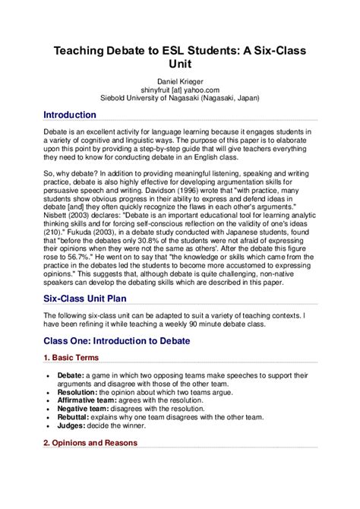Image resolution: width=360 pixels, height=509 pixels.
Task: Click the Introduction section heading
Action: [70, 115]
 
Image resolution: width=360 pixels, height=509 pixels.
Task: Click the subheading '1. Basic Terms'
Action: [71, 357]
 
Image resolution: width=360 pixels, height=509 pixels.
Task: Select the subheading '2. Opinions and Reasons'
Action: [90, 442]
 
